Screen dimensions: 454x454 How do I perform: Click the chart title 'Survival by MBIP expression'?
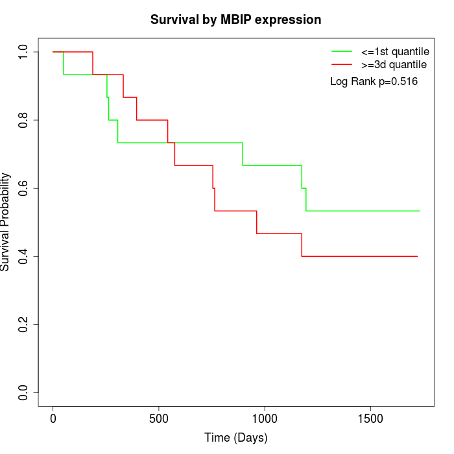(x=235, y=19)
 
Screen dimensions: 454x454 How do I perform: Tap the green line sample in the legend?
(x=342, y=51)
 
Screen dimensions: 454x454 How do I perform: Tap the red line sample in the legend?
(x=342, y=65)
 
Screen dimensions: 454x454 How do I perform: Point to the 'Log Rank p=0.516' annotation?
(x=374, y=82)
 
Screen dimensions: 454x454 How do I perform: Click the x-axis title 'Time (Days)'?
(x=235, y=438)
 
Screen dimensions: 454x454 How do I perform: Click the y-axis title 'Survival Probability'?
(x=6, y=222)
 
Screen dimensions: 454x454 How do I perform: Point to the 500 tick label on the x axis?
(x=159, y=418)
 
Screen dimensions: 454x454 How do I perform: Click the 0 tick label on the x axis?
(x=53, y=418)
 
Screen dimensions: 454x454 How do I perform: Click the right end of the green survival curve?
(x=420, y=211)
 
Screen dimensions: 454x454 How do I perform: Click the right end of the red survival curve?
(x=417, y=256)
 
